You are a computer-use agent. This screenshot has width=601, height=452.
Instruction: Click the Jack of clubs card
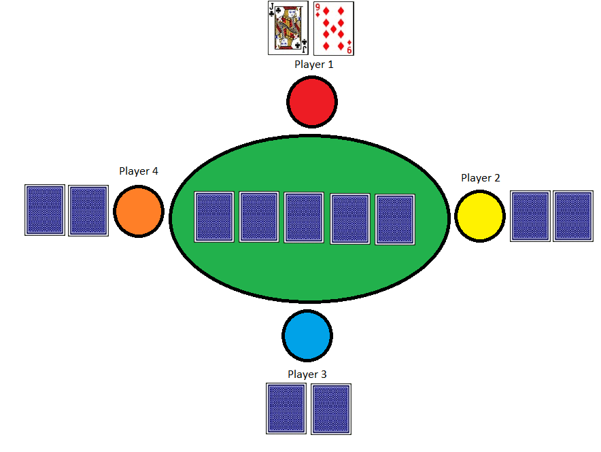(289, 28)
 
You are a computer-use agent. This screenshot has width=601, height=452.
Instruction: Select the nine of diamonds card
(333, 28)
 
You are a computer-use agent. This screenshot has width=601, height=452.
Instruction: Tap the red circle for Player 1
(312, 101)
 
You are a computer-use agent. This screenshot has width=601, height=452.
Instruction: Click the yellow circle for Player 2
(480, 216)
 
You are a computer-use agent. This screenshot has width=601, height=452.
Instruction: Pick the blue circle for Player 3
(307, 335)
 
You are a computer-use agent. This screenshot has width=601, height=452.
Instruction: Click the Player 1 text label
(314, 65)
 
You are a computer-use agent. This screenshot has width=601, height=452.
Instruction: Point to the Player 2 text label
(481, 178)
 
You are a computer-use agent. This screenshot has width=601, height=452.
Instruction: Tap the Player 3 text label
(307, 375)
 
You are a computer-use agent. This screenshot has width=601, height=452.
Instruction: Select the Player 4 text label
(139, 171)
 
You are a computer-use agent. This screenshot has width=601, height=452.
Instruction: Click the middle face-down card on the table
(303, 218)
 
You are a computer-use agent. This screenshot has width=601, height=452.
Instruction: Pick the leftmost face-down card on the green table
(214, 217)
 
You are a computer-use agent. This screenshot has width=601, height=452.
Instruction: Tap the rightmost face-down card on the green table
(395, 220)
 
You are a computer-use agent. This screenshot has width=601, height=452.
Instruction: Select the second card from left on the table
(259, 218)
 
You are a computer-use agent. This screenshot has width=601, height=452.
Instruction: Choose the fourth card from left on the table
(350, 219)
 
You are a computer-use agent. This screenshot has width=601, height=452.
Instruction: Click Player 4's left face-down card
(45, 210)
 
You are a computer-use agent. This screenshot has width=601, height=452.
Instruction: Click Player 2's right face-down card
(573, 216)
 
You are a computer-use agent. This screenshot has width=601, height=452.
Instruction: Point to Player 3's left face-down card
(286, 408)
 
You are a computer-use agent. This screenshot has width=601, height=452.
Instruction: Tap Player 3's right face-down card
(331, 408)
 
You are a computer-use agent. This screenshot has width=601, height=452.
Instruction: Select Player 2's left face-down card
(530, 216)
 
